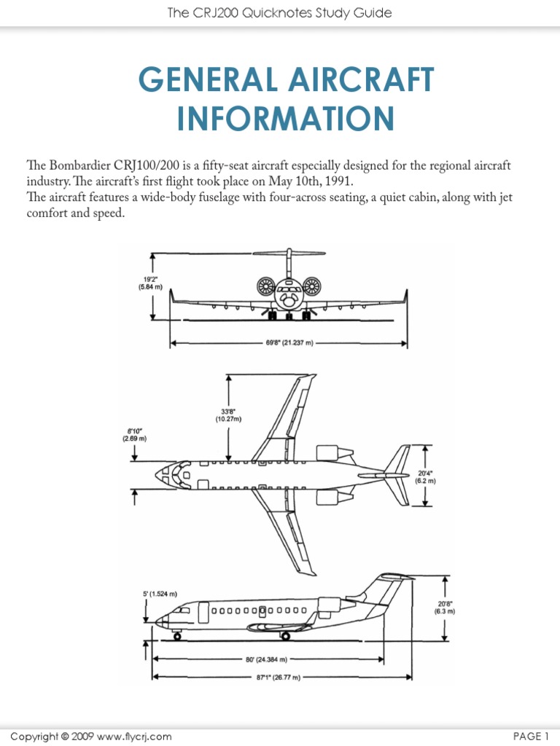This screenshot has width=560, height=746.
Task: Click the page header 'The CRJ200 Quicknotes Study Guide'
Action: click(x=280, y=12)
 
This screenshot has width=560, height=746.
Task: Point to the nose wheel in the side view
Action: click(x=177, y=636)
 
